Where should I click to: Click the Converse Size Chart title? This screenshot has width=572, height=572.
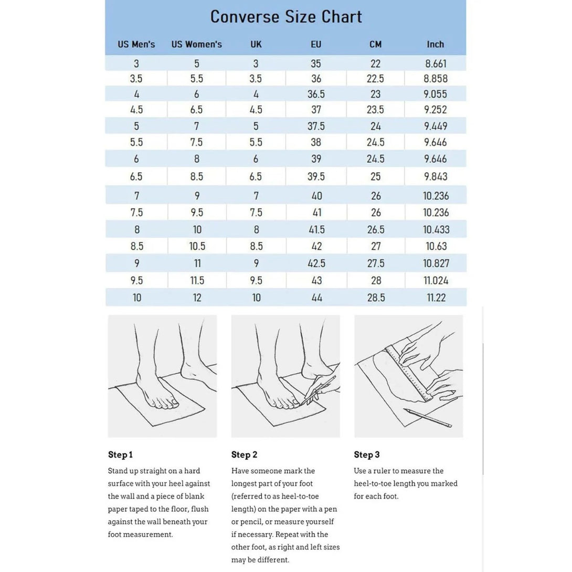286,17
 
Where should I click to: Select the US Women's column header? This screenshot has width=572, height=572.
196,45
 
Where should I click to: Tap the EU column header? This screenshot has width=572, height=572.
316,45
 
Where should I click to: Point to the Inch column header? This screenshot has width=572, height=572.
435,45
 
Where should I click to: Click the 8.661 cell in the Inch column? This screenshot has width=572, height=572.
436,64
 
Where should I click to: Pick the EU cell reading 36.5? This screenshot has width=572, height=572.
316,94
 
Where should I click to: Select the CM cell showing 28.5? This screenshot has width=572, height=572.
376,298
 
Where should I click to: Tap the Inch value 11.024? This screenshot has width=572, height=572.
436,280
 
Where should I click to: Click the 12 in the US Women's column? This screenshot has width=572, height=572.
197,298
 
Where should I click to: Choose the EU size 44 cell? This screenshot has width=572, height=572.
316,298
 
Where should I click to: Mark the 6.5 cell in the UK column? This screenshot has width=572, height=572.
256,176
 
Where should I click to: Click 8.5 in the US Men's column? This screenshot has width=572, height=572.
136,246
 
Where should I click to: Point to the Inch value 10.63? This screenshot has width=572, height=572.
436,246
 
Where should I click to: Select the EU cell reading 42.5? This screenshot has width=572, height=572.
316,263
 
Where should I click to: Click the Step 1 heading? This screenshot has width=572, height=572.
120,454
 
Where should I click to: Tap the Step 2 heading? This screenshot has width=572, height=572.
244,454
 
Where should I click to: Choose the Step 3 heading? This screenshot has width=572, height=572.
366,454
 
